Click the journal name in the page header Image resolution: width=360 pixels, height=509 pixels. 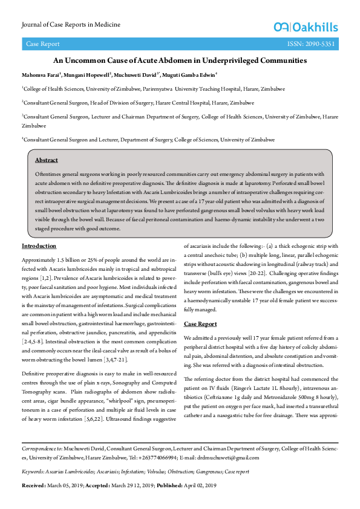[71, 25]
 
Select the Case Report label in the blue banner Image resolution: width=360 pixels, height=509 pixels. [42, 44]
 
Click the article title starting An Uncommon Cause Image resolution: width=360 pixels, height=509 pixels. [180, 60]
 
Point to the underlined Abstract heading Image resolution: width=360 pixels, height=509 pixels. [47, 160]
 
